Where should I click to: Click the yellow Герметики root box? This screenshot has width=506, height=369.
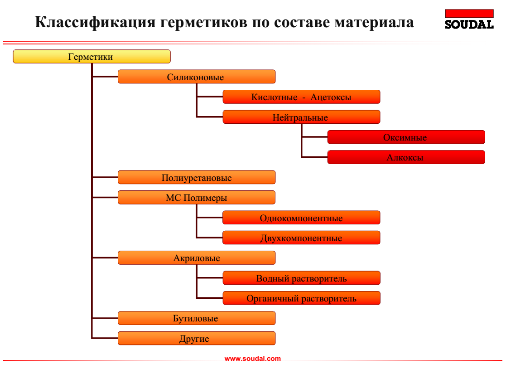tap(92, 57)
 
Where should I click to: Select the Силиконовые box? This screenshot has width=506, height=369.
tap(196, 77)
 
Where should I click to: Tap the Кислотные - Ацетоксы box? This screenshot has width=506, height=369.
tap(301, 97)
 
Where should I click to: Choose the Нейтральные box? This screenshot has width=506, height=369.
tap(301, 117)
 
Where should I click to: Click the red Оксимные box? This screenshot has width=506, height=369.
tap(406, 137)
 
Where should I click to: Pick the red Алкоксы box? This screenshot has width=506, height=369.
tap(406, 157)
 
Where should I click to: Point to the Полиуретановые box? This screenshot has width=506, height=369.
tap(196, 177)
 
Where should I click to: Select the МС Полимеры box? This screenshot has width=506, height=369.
tap(196, 198)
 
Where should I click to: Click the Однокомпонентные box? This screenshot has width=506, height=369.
tap(301, 218)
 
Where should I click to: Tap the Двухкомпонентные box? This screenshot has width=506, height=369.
tap(301, 238)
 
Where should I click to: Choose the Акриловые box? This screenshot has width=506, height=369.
tap(196, 258)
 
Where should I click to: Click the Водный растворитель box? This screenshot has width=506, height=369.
tap(301, 278)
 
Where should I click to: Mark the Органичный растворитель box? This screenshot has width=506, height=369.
tap(301, 298)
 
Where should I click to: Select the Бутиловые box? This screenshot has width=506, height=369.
tap(196, 318)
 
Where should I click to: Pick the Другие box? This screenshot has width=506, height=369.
tap(196, 338)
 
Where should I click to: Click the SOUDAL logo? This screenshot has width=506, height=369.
tap(469, 19)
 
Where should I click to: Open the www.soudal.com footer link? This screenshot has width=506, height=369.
tap(253, 359)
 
